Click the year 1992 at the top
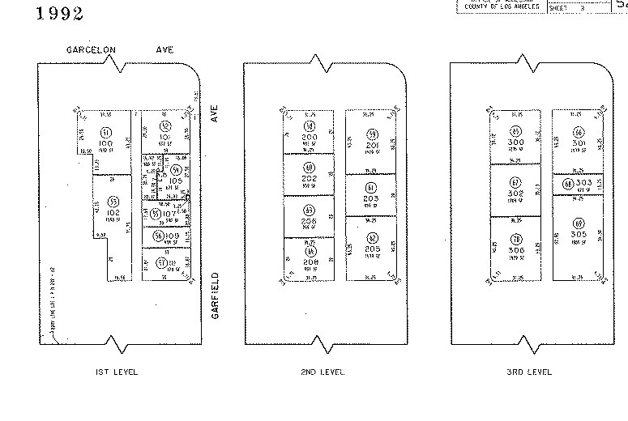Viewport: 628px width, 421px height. click(61, 14)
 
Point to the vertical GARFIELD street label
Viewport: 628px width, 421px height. click(216, 296)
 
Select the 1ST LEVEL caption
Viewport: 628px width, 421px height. click(117, 372)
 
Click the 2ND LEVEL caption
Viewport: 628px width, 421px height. click(323, 372)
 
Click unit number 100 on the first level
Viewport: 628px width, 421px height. click(106, 142)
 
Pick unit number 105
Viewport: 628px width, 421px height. click(176, 181)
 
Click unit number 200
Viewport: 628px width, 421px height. click(310, 138)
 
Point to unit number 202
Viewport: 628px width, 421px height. click(310, 178)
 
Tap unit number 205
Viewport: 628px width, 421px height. click(372, 248)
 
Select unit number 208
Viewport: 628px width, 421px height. click(310, 262)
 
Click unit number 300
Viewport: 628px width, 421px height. click(515, 142)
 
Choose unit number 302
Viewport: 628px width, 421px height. click(515, 193)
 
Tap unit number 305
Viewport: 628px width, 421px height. click(578, 234)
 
